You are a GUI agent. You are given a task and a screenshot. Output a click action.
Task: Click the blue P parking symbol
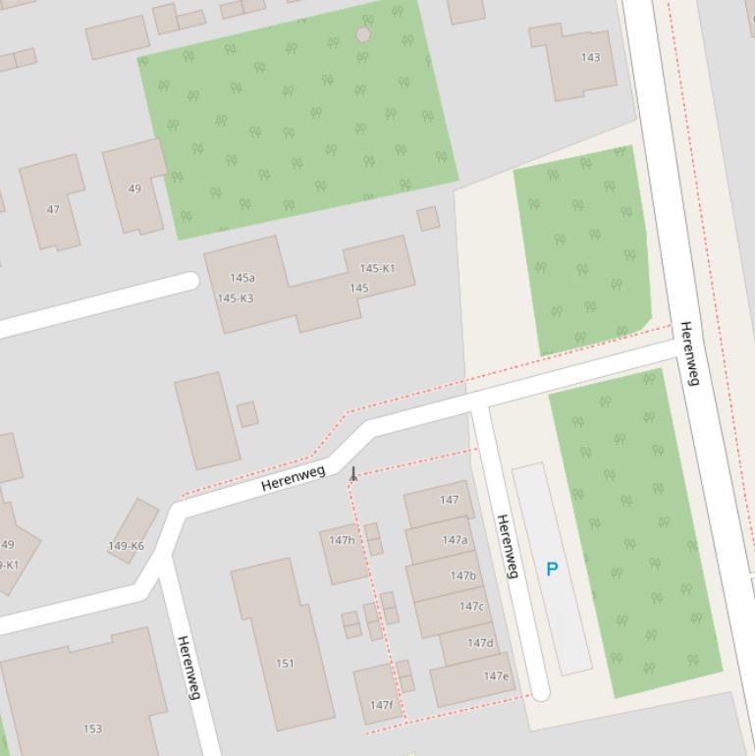coord(552,568)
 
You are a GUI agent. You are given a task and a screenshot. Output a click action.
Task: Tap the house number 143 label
coord(590,57)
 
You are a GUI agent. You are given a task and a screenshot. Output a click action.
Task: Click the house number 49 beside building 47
coord(135,189)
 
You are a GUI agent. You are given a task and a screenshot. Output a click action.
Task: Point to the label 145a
coord(242,278)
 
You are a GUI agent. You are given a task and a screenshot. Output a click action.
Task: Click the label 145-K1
coord(377,268)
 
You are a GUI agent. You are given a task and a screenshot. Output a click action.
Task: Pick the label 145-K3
coord(236,298)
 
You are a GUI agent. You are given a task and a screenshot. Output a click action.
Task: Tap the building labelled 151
coord(285,663)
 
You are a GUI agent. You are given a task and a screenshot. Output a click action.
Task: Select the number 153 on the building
coord(92,729)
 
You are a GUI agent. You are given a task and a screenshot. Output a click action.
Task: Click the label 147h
coord(342,540)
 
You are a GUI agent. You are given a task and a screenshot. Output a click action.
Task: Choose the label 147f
coord(381,704)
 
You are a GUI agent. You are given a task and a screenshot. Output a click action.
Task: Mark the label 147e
coord(496,675)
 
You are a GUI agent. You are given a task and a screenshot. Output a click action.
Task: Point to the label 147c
coord(471,606)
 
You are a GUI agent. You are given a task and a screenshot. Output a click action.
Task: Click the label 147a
coord(455,540)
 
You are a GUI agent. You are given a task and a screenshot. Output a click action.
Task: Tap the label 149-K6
coord(126,546)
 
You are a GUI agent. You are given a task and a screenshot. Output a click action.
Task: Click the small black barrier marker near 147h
coord(353,474)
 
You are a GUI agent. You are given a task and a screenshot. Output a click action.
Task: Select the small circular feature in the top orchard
coord(363,34)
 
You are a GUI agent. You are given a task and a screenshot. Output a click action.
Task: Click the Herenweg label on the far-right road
coord(689,353)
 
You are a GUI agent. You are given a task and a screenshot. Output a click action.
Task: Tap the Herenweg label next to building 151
coord(189,668)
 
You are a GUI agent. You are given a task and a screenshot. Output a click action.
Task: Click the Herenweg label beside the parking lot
coord(507,546)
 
